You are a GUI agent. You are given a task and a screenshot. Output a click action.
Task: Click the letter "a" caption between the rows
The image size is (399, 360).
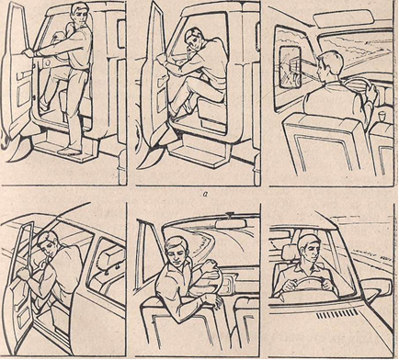point(199,194)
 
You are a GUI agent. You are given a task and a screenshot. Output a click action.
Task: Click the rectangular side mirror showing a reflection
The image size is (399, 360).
point(291,68)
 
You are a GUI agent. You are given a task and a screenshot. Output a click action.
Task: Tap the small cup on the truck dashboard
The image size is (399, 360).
point(382,117)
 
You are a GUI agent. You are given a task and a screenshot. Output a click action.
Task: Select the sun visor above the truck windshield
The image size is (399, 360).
point(346,17)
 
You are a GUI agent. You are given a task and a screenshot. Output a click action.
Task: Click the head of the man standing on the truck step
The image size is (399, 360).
point(81,14)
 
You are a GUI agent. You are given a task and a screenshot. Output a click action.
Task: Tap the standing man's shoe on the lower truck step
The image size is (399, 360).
point(69,152)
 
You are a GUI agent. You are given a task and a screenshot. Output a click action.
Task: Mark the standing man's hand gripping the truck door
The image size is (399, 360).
point(29,53)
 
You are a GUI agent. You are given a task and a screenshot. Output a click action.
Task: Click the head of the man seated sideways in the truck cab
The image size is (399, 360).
point(194,39)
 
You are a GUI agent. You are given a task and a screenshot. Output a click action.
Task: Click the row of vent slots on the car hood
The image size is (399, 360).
point(336,313)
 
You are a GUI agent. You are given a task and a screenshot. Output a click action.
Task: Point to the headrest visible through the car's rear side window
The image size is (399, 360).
point(112,253)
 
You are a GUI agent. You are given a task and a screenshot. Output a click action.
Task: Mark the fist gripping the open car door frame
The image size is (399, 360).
point(24,273)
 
